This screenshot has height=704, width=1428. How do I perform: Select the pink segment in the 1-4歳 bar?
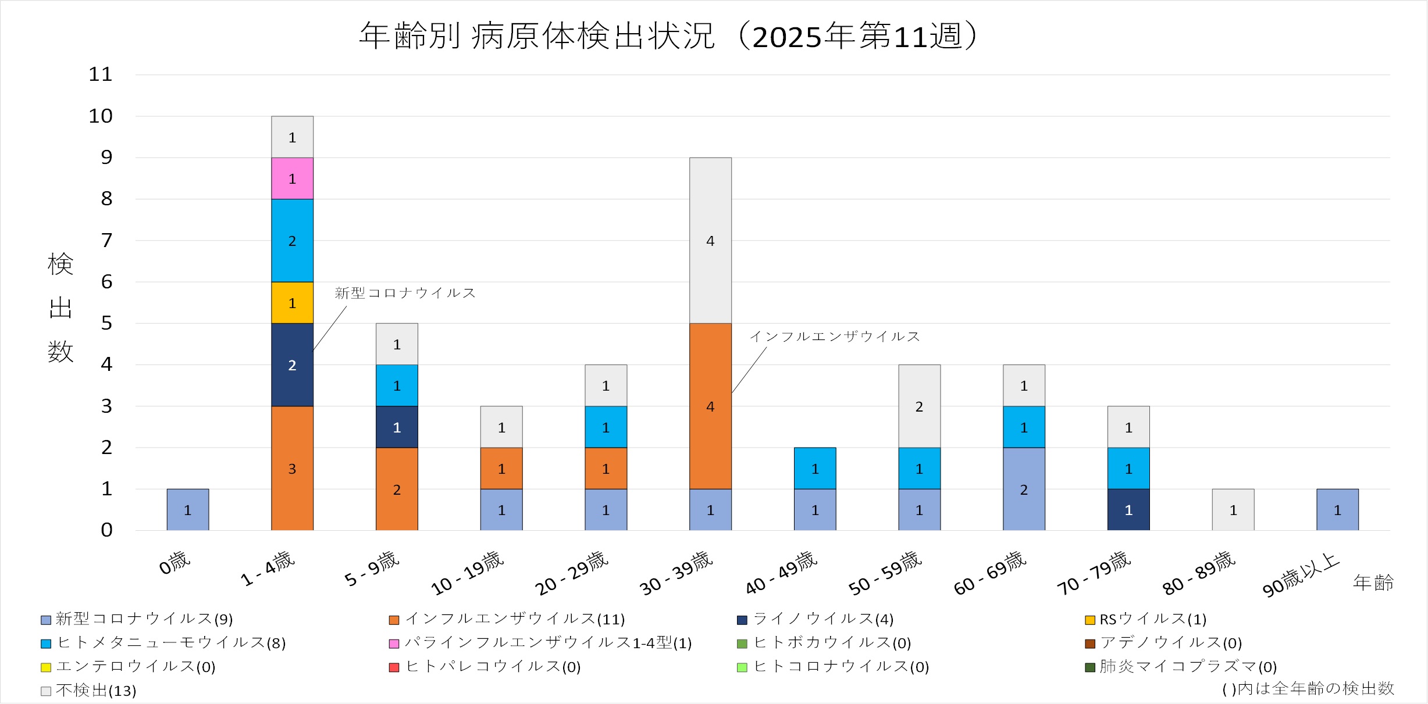point(292,178)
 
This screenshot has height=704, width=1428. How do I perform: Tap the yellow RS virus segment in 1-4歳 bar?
point(292,303)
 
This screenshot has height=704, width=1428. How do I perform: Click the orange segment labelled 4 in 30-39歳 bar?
point(710,406)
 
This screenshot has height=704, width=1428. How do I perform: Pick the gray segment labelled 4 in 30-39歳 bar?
point(710,241)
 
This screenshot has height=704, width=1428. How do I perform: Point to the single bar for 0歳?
point(187,510)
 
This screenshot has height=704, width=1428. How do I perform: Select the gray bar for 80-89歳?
point(1233,510)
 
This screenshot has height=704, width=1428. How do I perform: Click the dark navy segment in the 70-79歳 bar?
point(1128,510)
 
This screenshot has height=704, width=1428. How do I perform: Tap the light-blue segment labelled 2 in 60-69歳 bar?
point(1024,489)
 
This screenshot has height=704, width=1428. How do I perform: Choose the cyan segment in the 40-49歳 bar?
point(815,469)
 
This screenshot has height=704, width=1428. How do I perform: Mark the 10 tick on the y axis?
point(100,116)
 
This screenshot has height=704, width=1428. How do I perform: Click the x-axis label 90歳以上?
point(1301,575)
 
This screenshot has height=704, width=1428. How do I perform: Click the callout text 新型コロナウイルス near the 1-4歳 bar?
point(405,293)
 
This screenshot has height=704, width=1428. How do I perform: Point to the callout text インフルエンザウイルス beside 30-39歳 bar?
point(834,337)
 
